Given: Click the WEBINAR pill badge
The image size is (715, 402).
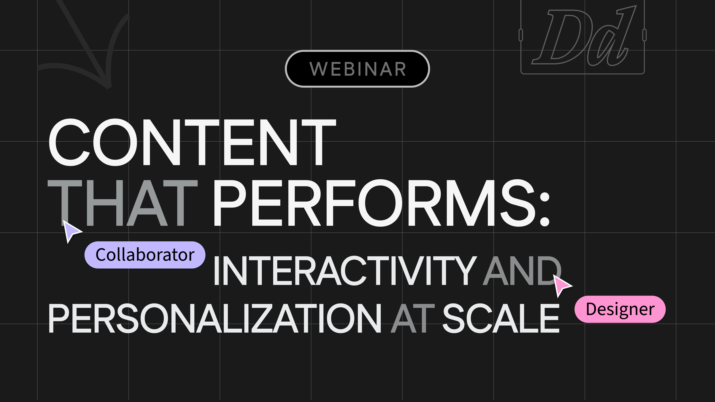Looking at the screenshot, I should point(357,69).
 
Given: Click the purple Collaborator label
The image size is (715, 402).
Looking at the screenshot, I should point(145,255).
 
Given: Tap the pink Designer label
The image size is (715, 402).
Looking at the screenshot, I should point(620,309).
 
